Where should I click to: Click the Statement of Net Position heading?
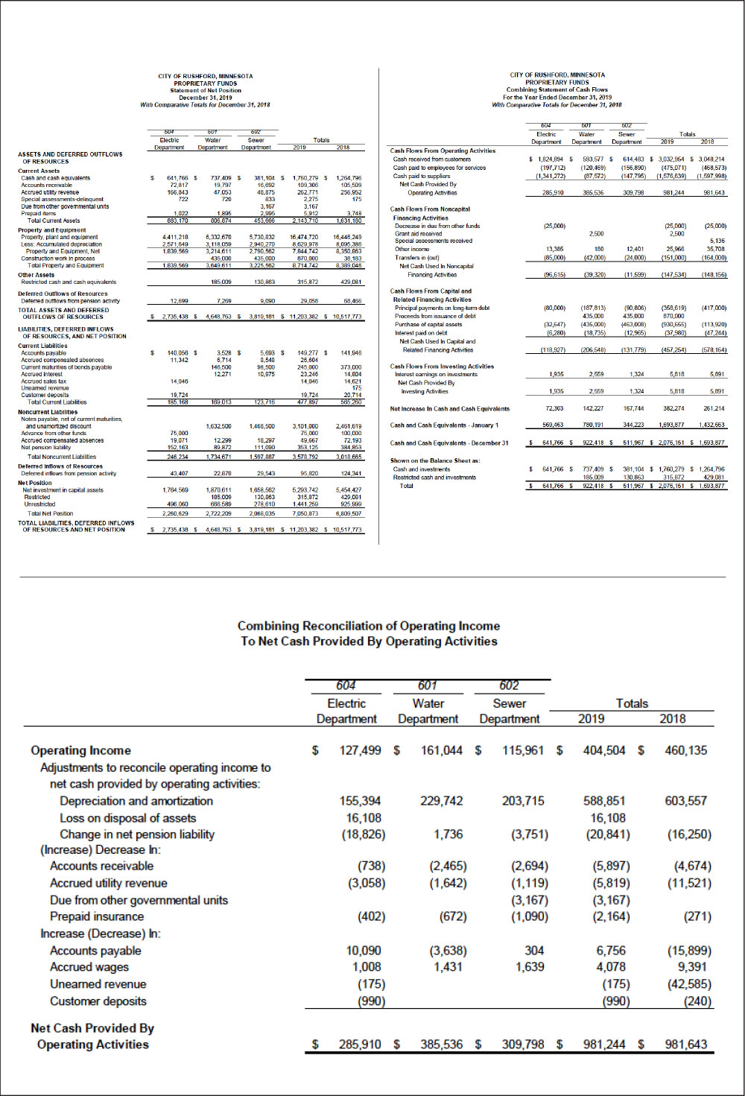[x=205, y=90]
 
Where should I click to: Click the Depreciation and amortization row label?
[x=136, y=801]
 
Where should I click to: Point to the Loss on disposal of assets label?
[x=127, y=818]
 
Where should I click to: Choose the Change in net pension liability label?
[x=137, y=834]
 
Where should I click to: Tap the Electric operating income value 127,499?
[x=361, y=750]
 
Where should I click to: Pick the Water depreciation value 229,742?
[x=442, y=801]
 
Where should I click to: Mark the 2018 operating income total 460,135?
[x=686, y=750]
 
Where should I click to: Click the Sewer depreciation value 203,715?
[x=523, y=801]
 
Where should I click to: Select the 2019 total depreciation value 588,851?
[x=604, y=801]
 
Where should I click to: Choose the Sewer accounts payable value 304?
[x=534, y=951]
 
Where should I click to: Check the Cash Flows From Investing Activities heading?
[x=442, y=366]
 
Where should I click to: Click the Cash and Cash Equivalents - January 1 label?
[x=444, y=425]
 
